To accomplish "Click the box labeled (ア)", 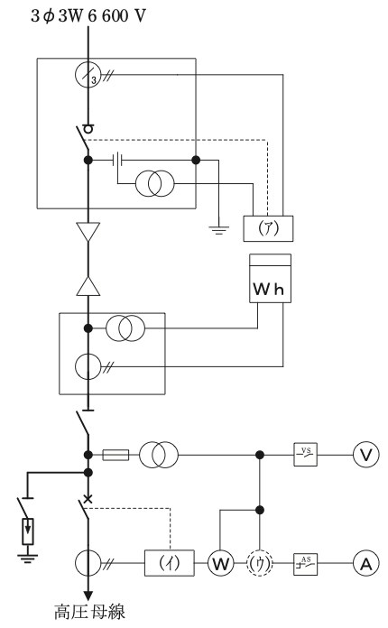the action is coord(268,228).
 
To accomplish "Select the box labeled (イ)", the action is coord(170,563).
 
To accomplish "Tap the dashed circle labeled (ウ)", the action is coord(260,564).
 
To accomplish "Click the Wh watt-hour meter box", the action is coord(271,278).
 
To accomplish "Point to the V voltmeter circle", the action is coord(366,455).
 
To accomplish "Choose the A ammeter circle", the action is coord(366,564).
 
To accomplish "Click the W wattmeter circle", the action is coord(220,564).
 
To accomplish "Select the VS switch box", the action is coord(306,455).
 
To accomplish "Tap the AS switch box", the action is coord(306,564).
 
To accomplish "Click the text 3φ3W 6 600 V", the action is coord(88,16).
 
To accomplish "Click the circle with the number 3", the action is coord(88,75).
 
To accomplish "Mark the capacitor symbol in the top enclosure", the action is coord(117,161).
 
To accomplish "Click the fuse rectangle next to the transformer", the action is coord(115,455).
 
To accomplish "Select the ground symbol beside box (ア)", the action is coord(218,230).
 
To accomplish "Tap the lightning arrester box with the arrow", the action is coord(28,531).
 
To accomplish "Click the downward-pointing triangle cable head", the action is coord(88,232).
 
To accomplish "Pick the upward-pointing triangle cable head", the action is coord(88,286).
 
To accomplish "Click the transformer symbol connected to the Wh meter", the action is coord(125,328).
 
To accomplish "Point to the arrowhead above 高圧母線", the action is coord(88,596).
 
